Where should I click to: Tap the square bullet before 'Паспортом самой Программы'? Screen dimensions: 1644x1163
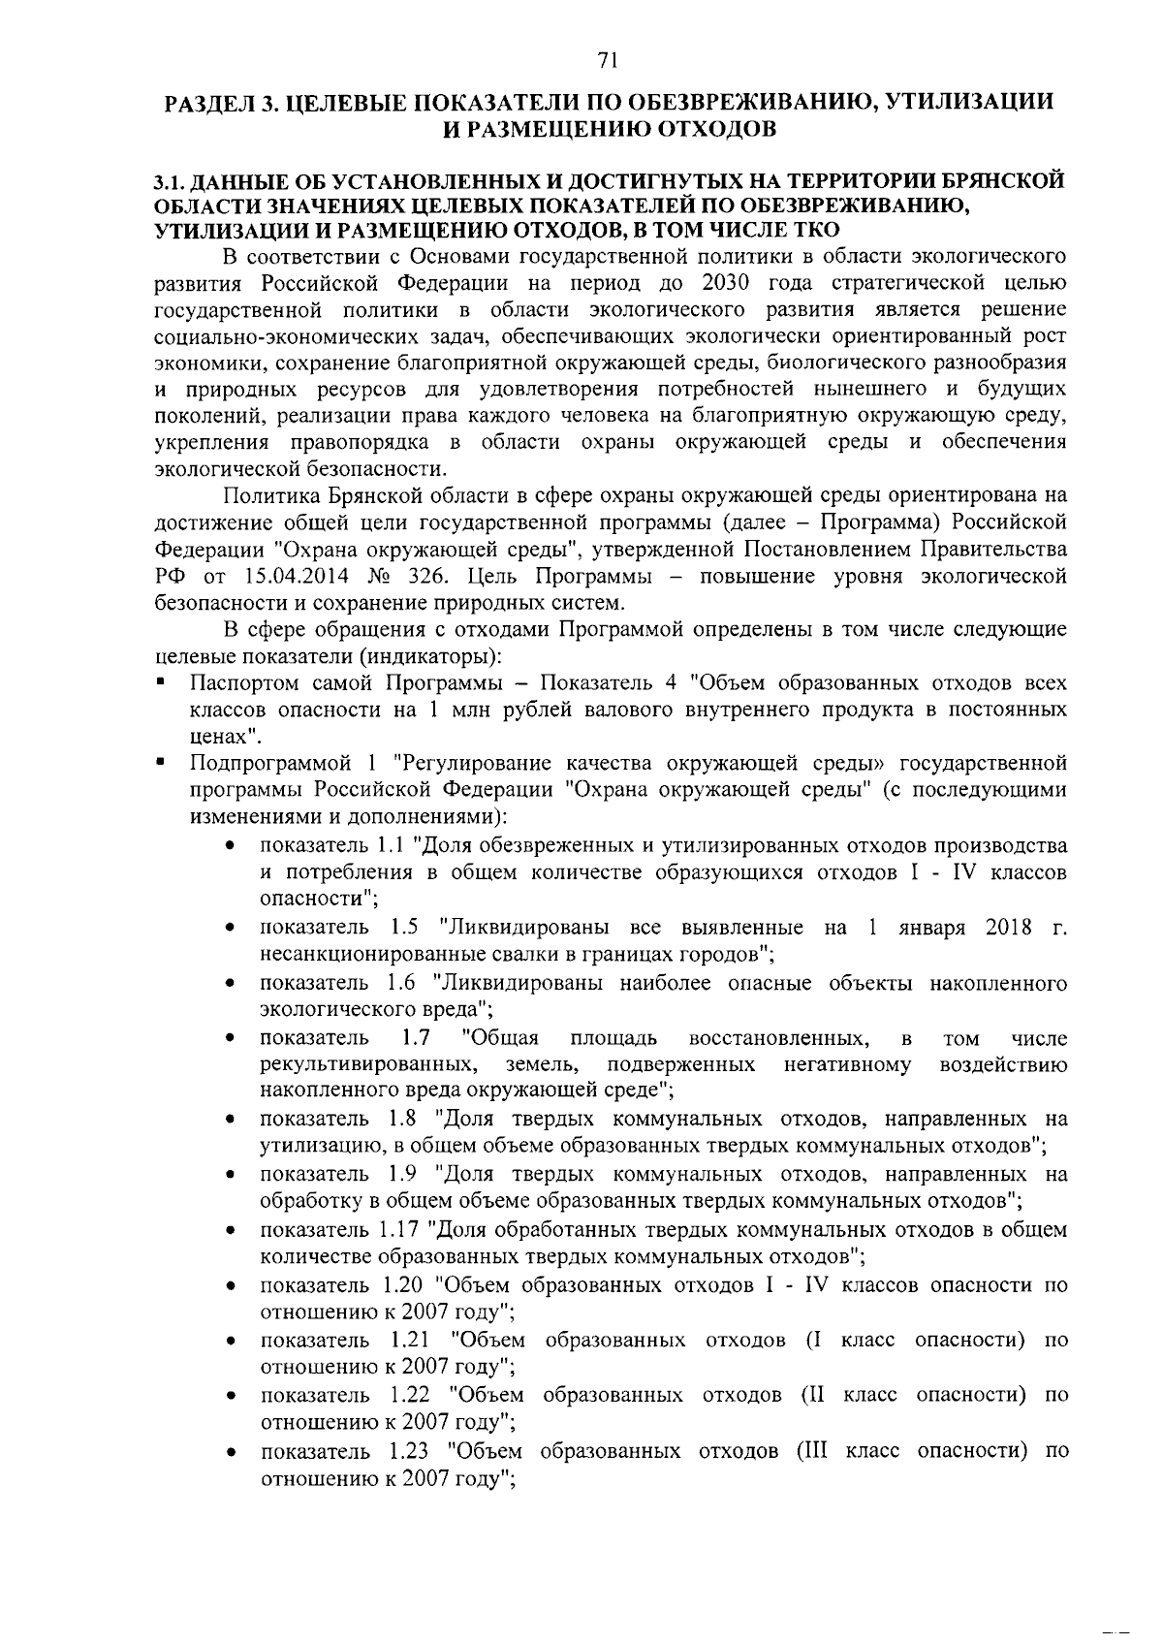pos(160,681)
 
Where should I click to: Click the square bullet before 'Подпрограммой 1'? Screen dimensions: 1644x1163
pos(160,762)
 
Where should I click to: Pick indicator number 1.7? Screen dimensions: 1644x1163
pos(417,1038)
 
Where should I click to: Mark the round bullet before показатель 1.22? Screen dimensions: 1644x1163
pos(230,1398)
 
